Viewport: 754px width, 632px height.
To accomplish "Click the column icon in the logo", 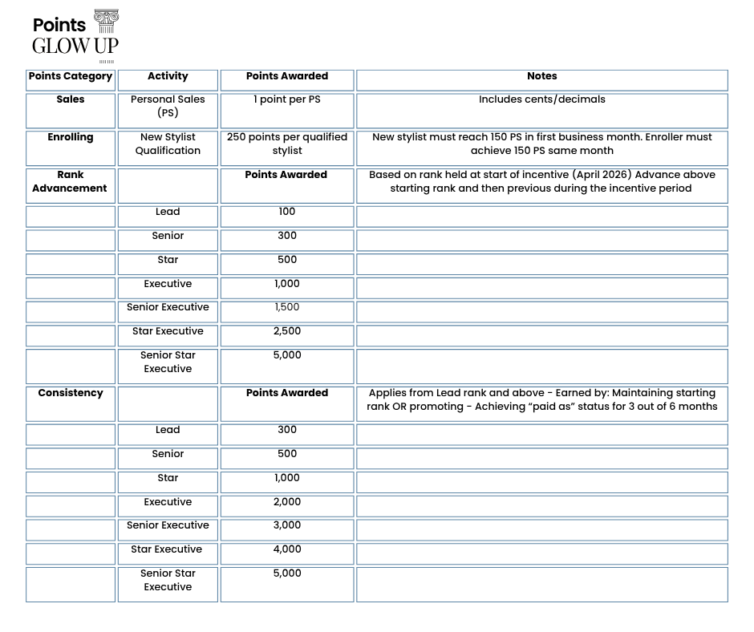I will (x=106, y=22).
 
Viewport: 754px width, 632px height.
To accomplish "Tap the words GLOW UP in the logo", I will (x=75, y=46).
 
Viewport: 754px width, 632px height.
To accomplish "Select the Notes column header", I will (x=541, y=76).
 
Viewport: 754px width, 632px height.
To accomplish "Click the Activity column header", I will (x=168, y=76).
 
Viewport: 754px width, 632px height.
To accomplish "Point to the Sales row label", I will (x=71, y=99).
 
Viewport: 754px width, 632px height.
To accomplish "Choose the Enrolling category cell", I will (x=71, y=137).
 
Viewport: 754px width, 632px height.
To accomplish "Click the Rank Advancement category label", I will (x=71, y=181).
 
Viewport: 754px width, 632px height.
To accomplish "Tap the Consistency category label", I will (x=71, y=393).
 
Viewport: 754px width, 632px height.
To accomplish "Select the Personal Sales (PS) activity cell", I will (x=168, y=106).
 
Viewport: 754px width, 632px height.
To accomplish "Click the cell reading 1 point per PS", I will (x=287, y=99).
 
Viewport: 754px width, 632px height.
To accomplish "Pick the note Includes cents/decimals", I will (x=541, y=99).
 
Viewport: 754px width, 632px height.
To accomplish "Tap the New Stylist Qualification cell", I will (x=168, y=144).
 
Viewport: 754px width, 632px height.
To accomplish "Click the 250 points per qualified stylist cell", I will (x=287, y=144).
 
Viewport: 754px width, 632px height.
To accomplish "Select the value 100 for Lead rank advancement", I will (x=287, y=212).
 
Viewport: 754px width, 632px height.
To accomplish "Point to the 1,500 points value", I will (x=287, y=307).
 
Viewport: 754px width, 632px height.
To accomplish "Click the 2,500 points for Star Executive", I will (x=287, y=331).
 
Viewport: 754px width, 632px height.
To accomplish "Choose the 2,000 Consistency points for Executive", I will (x=287, y=502).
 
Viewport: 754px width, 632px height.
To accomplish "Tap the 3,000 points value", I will (x=287, y=525).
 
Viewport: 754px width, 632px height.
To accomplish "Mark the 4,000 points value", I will (x=287, y=549).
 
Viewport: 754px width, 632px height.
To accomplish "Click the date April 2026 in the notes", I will (x=602, y=175).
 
